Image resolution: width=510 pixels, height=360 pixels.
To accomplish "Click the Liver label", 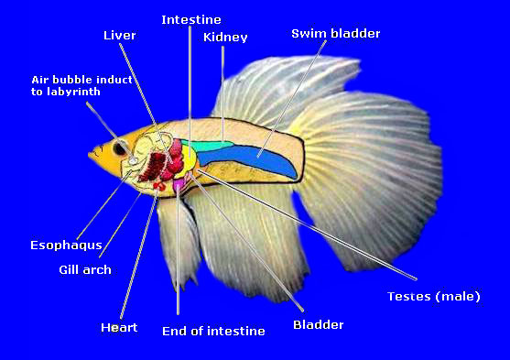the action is point(119,35).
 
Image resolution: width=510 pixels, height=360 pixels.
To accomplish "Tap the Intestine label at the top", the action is point(191,20).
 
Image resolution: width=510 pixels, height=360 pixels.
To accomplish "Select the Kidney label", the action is point(225,38).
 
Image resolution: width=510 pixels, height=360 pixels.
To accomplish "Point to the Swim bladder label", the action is point(336,34).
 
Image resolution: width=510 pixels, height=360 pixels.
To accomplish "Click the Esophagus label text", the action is point(66,245).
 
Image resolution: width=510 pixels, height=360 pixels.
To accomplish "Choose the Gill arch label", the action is point(85,270).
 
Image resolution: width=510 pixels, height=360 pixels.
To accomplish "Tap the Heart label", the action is point(119,327).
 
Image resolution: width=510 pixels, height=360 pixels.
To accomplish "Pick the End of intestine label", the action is point(213,331).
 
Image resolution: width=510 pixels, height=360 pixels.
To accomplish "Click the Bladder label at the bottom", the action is point(319,324).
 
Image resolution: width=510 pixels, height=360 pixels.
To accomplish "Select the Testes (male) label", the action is point(434,296).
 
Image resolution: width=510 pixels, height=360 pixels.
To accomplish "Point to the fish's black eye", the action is point(119,148).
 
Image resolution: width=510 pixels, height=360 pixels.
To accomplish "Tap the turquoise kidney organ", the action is point(207,145).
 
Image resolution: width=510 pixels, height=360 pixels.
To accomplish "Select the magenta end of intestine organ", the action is point(179,185).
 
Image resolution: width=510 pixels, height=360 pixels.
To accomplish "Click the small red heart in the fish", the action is point(159,186).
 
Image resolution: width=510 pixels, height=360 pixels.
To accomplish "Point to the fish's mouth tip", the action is point(89,154).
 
